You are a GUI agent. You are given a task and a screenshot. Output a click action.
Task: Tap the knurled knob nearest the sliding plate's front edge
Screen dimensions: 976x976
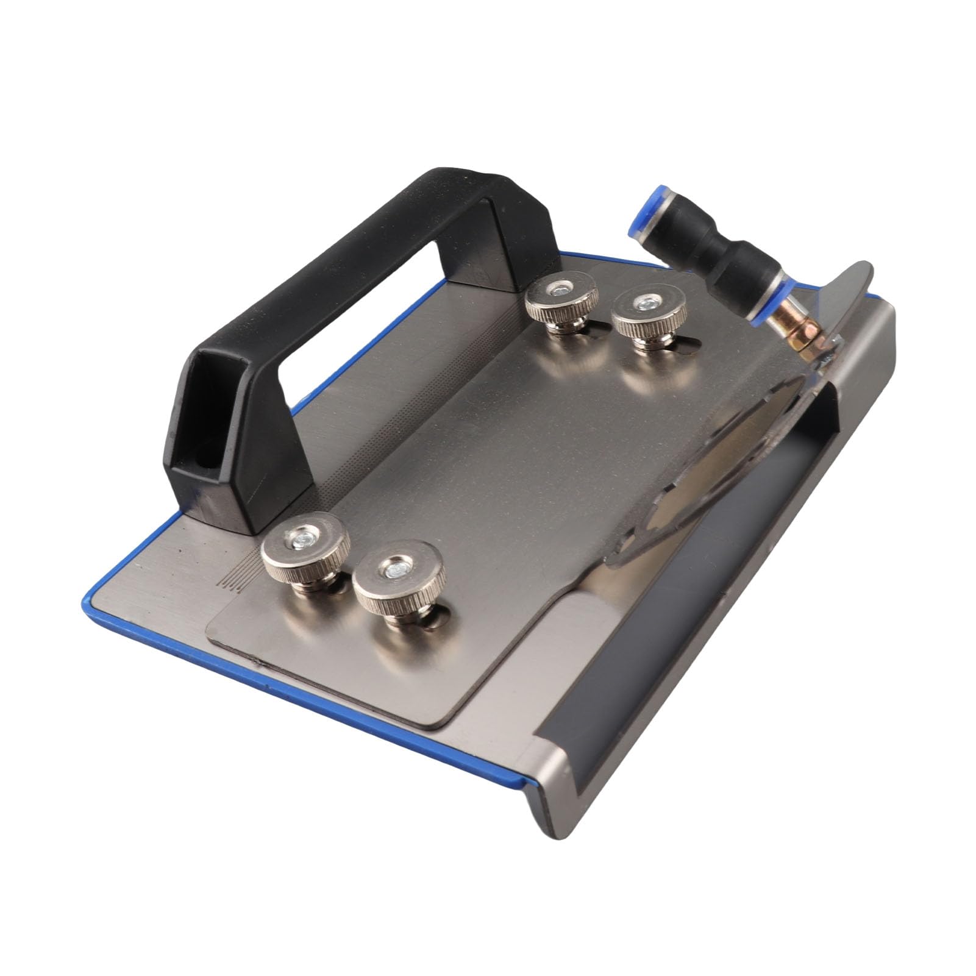click(399, 580)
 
